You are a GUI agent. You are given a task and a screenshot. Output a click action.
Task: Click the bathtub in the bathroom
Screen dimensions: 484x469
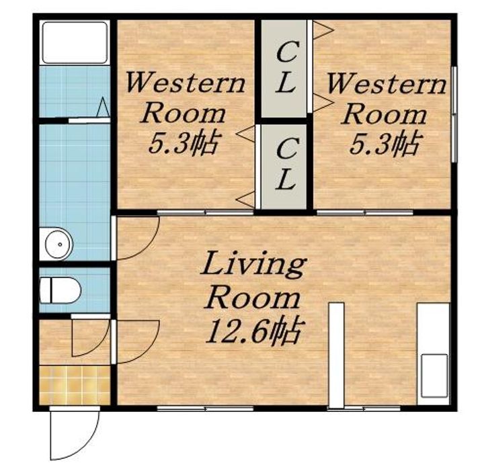click(x=75, y=42)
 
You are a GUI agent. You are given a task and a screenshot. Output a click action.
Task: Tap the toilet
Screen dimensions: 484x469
click(x=61, y=290)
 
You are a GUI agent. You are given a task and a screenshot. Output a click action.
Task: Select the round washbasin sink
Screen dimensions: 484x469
click(x=59, y=245)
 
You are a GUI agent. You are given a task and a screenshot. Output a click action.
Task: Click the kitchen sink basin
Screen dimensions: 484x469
click(x=435, y=376)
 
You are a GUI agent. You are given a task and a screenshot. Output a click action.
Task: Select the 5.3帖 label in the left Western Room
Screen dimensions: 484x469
click(x=184, y=142)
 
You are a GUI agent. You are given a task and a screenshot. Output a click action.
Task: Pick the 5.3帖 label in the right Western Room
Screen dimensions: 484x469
click(x=385, y=142)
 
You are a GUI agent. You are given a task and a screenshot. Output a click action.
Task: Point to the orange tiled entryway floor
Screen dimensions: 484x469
click(x=75, y=385)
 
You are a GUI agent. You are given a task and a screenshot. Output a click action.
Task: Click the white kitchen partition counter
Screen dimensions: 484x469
click(x=336, y=355)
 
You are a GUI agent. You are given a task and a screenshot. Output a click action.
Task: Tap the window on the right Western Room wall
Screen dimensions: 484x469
click(x=454, y=114)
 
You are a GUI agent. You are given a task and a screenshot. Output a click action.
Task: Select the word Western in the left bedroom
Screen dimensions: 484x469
click(x=186, y=83)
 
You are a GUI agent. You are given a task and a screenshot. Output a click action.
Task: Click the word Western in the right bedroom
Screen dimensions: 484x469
click(x=387, y=83)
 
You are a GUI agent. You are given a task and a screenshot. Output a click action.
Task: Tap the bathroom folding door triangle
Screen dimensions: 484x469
click(x=103, y=108)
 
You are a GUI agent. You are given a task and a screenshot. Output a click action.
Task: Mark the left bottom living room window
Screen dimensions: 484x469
click(x=205, y=409)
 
